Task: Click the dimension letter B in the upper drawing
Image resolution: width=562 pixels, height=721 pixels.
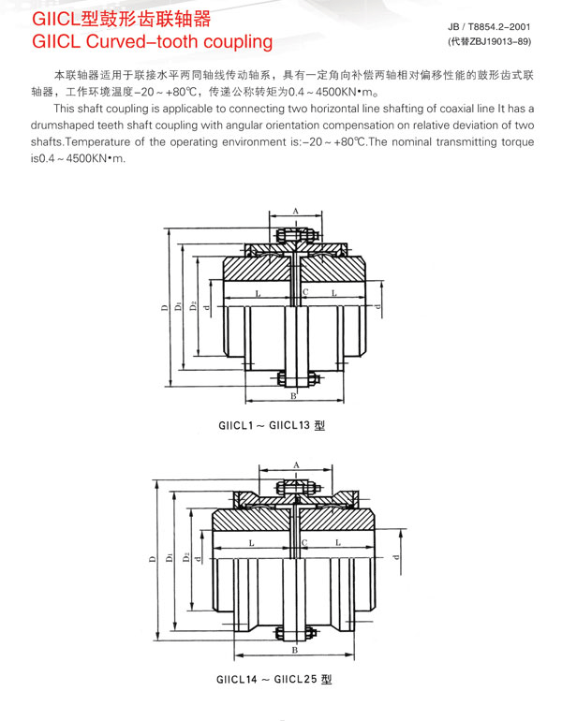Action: click(294, 397)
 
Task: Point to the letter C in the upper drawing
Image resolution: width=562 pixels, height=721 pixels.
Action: click(306, 292)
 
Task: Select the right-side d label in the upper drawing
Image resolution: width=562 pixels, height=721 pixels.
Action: click(377, 306)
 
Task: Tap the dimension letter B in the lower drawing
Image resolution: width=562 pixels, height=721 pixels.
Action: click(294, 649)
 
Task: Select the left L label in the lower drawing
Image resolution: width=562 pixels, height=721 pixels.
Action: click(252, 543)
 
